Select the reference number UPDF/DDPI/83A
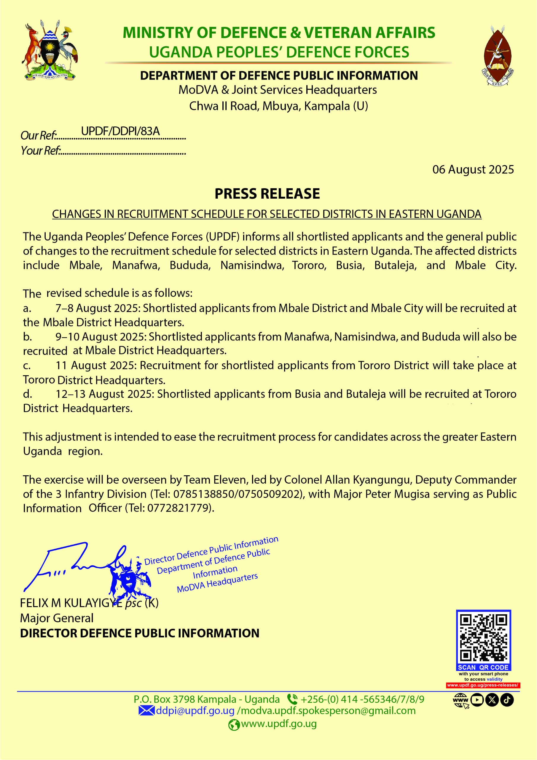point(120,131)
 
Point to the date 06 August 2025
point(473,170)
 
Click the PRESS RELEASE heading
point(267,194)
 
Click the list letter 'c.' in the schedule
point(27,365)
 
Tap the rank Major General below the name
point(57,618)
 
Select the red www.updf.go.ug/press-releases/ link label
point(482,685)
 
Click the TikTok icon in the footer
point(507,700)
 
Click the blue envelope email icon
point(146,711)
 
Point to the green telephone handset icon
point(292,699)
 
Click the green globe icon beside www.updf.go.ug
point(234,725)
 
